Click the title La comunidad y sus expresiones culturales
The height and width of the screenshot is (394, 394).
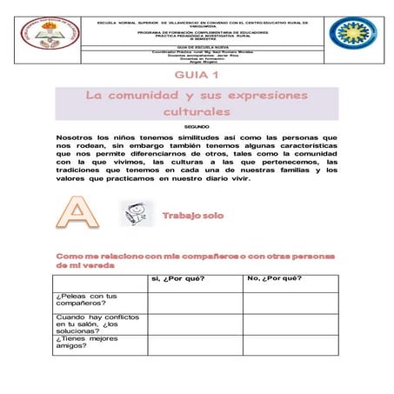196,103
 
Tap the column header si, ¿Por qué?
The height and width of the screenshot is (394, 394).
178,279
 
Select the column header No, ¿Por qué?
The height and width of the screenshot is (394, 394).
275,279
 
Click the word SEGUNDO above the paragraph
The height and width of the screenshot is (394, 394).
197,127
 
